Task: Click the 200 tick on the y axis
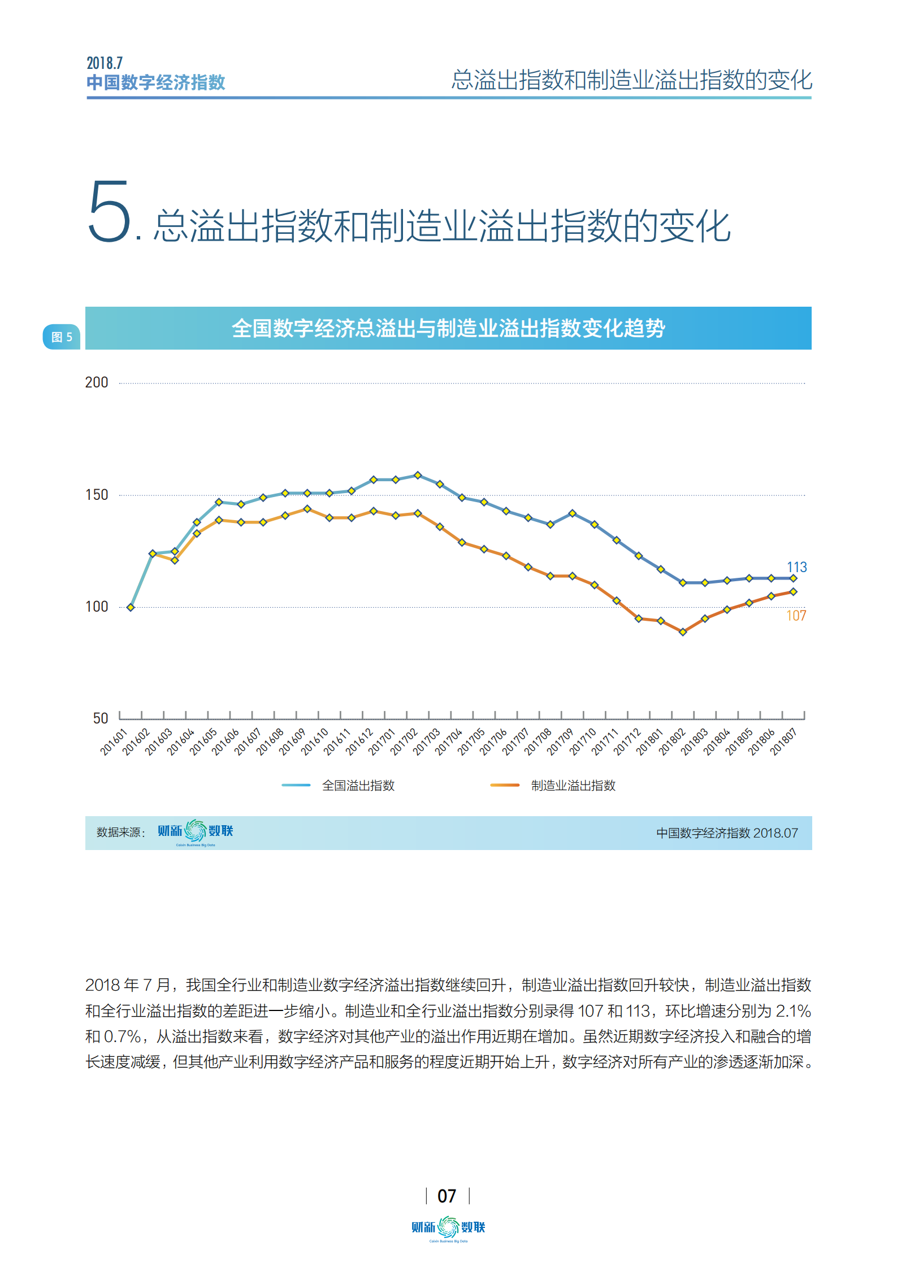[96, 382]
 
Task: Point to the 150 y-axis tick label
[96, 495]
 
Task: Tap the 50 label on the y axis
[100, 718]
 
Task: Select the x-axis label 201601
[114, 742]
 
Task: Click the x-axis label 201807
[783, 742]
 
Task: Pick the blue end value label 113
[796, 567]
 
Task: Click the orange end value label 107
[796, 616]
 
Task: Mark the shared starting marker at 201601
[131, 607]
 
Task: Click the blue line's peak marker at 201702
[418, 476]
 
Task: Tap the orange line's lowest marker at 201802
[683, 632]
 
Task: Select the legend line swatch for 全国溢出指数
[296, 785]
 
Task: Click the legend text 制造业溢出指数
[573, 785]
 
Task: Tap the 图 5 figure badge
[62, 337]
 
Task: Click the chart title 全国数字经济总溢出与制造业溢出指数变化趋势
[448, 328]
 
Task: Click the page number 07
[447, 1196]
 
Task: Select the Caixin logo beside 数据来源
[195, 831]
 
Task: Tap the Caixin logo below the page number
[448, 1228]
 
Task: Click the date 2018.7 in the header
[105, 63]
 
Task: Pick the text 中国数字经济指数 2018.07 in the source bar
[727, 833]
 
